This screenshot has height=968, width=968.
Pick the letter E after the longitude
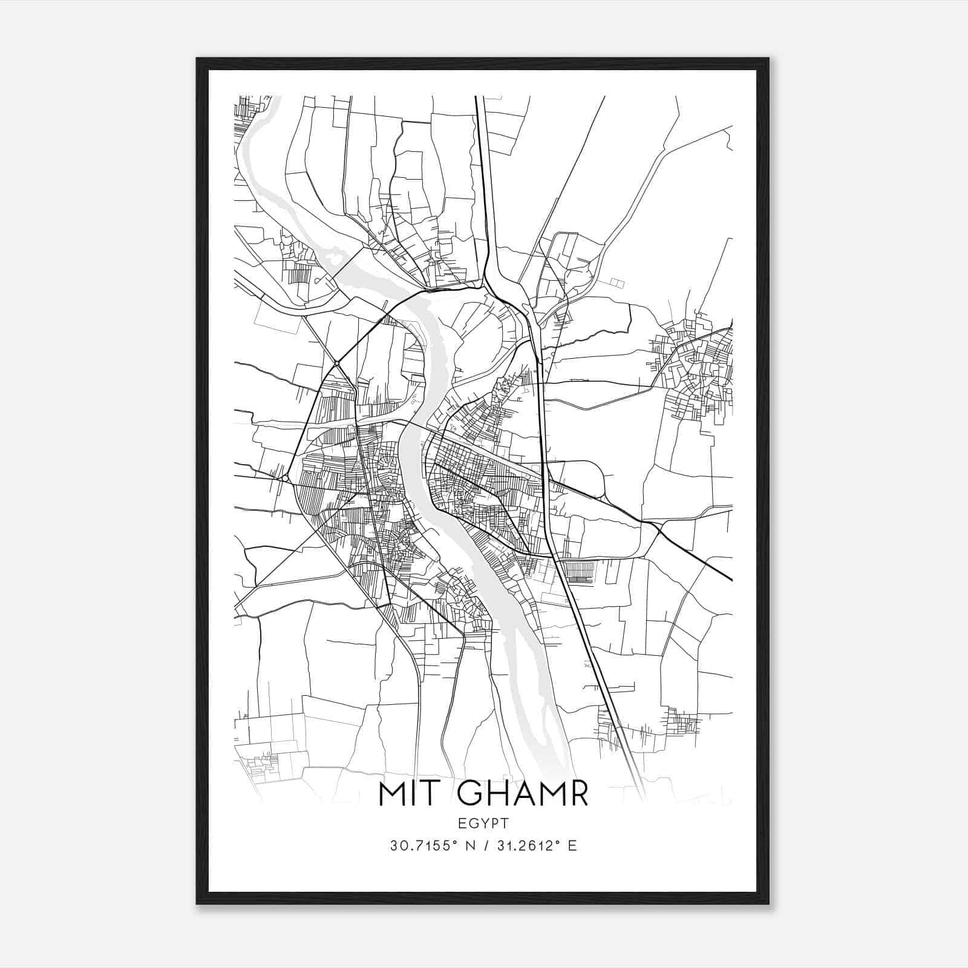(x=572, y=845)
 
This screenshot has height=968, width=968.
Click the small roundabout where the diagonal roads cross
(x=336, y=363)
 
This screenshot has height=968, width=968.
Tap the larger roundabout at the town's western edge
(x=284, y=478)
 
